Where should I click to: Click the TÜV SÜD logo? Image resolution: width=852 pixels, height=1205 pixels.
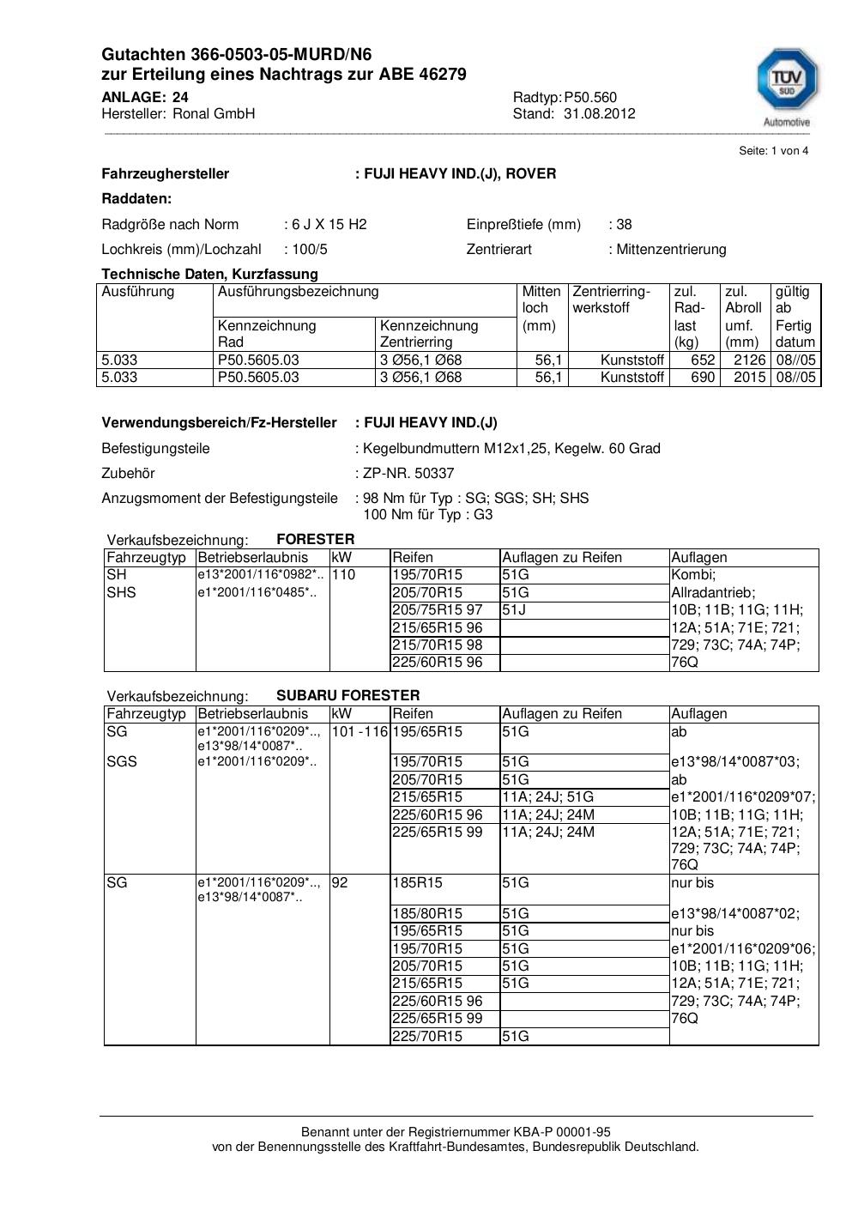(786, 82)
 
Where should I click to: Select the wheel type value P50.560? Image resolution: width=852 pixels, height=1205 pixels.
(590, 98)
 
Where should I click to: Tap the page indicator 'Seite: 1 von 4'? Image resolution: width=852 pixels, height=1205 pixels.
(773, 151)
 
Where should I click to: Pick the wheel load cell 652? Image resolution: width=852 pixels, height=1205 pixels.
(703, 360)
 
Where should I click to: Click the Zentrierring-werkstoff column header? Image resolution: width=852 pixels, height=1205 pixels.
(612, 300)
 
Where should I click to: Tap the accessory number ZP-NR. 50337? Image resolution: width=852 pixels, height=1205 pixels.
(408, 474)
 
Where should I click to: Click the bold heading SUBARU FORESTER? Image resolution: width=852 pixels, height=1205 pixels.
(347, 695)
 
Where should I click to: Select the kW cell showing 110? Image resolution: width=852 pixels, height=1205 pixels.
(343, 575)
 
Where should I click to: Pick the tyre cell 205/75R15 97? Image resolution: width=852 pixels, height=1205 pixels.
(437, 610)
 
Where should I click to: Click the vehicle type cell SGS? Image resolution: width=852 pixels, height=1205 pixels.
(122, 762)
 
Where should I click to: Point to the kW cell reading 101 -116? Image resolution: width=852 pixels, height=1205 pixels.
(360, 732)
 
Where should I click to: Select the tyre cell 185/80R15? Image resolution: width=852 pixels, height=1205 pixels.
(426, 914)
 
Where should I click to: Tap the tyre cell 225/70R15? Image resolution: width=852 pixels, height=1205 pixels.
(426, 1037)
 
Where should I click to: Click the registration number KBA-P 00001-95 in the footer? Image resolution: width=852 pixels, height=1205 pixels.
(557, 1132)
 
